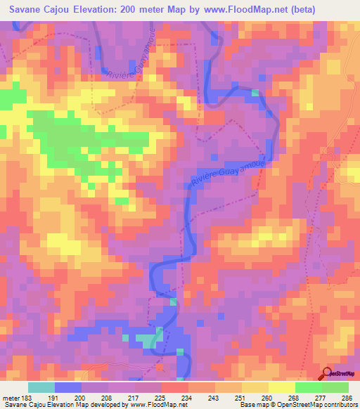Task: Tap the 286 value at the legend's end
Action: (348, 397)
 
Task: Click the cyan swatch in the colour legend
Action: (41, 387)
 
